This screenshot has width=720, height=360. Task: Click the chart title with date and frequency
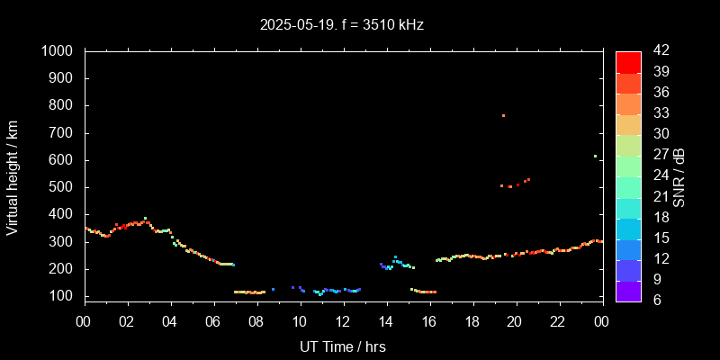tap(342, 24)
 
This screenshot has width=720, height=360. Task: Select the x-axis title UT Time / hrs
tap(343, 346)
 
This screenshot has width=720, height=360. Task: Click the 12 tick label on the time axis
tap(343, 321)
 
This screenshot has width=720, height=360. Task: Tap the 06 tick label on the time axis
tap(214, 321)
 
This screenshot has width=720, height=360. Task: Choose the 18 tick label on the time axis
tap(472, 321)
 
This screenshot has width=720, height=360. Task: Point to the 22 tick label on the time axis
tap(558, 321)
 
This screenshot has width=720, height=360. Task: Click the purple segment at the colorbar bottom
tap(628, 291)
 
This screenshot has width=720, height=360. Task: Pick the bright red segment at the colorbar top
tap(628, 61)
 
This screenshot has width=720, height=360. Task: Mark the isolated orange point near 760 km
tap(503, 115)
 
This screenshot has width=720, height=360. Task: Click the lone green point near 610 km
tap(595, 156)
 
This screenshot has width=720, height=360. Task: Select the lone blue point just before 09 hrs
tap(273, 290)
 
